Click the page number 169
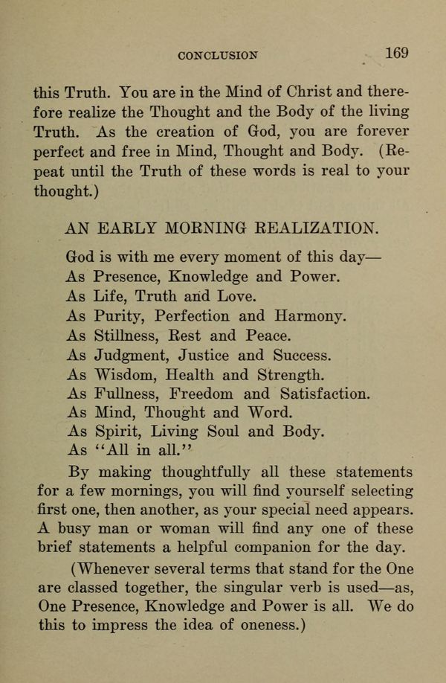pos(396,54)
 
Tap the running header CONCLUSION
pos(219,55)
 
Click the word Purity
pos(120,315)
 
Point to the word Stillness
pos(129,335)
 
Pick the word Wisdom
pos(127,373)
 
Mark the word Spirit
pos(117,432)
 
